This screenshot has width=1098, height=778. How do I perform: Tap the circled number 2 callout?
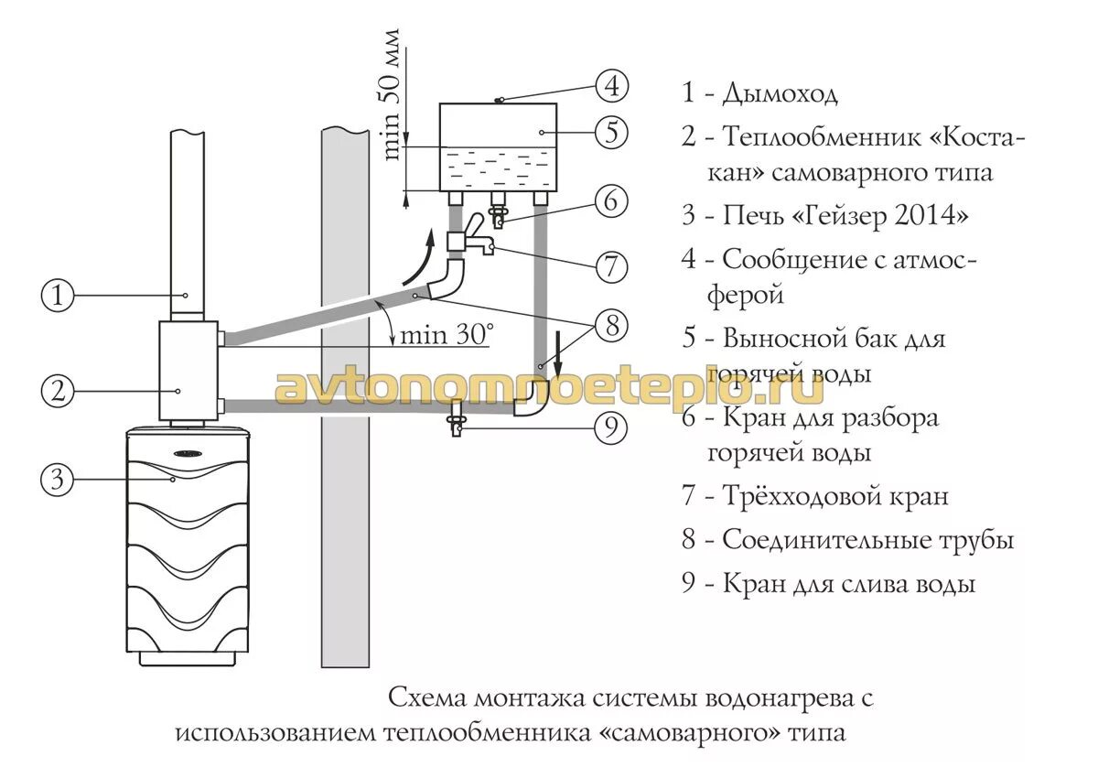[x=58, y=391]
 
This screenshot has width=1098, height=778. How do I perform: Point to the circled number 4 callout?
[x=611, y=87]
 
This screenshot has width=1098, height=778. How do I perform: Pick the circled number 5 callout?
[x=611, y=133]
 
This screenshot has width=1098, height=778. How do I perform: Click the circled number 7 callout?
[x=611, y=266]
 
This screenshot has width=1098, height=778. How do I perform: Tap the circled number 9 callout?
[x=611, y=427]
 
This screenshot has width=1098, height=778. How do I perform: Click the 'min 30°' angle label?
[x=445, y=334]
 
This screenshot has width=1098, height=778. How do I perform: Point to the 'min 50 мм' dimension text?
[x=392, y=94]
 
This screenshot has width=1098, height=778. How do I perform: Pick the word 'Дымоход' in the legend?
[x=780, y=93]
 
